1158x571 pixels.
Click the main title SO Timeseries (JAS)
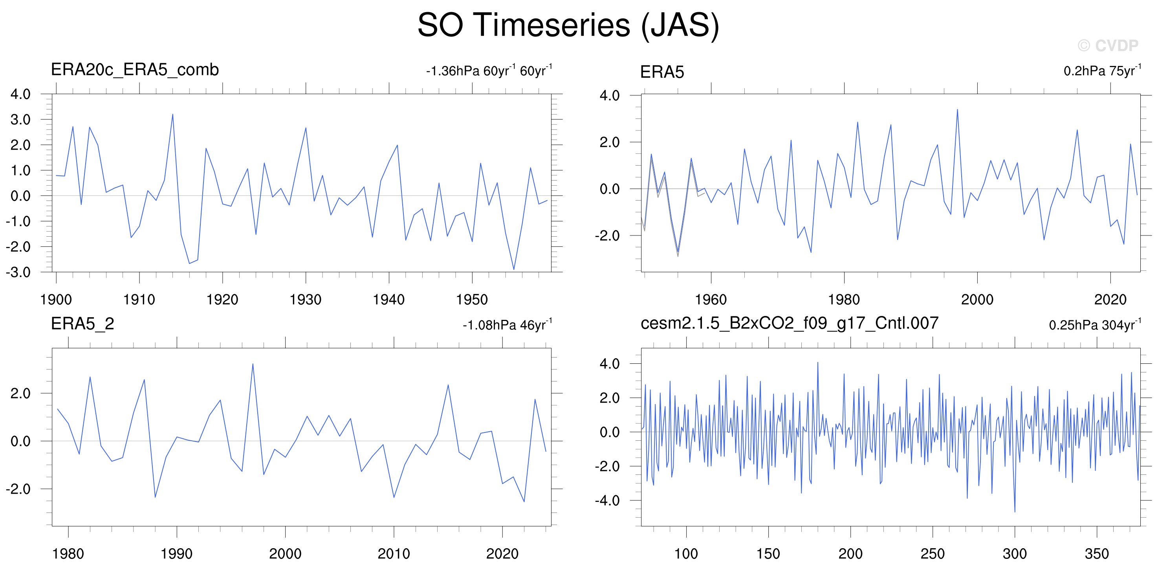568,25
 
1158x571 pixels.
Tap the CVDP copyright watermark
1108,46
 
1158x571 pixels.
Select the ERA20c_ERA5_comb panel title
135,69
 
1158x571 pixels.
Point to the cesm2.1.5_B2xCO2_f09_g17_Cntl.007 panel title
790,323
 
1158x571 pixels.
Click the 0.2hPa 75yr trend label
1102,71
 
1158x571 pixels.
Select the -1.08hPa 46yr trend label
508,325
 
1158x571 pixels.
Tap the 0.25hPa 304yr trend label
1095,325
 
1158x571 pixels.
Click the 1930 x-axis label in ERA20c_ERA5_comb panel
306,300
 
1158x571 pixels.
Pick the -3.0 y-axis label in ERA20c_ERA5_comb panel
18,272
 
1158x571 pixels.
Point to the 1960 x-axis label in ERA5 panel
711,300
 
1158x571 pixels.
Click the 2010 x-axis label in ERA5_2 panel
394,553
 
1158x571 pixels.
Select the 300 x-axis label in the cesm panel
1015,553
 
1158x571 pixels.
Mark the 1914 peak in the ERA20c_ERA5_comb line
172,114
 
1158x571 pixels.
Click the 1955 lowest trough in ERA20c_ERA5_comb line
514,270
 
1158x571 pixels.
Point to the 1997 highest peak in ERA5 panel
957,109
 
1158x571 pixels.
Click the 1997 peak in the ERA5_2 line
253,364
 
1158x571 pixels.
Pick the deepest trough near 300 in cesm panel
1015,512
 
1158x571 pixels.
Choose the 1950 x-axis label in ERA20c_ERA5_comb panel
472,300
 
